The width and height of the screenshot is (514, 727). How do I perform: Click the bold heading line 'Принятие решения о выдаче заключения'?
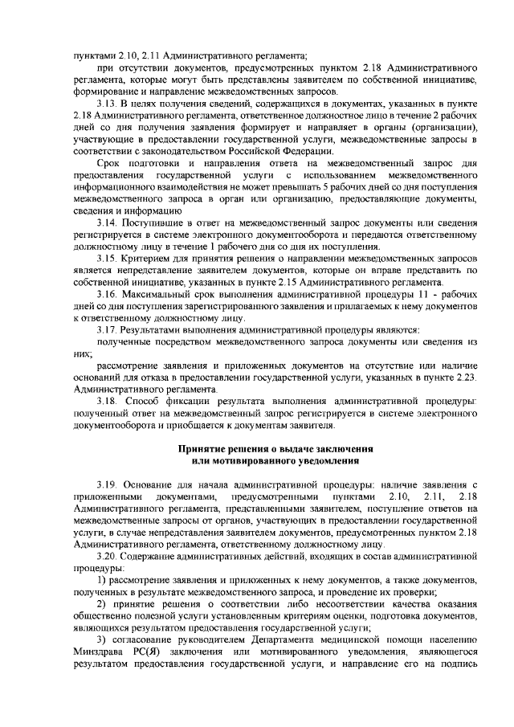[279, 447]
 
